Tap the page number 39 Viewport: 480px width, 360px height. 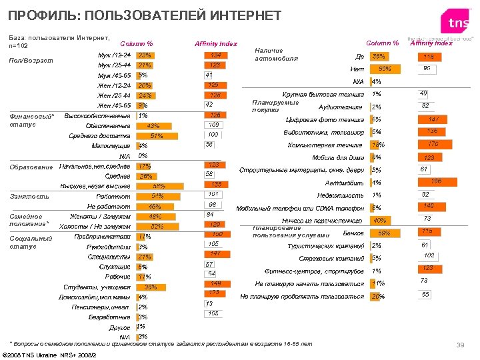point(459,344)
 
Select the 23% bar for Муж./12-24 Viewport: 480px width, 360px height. point(145,55)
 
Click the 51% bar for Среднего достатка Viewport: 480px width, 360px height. point(156,136)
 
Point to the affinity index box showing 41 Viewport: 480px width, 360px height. point(209,75)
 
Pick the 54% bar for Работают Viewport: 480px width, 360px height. point(157,197)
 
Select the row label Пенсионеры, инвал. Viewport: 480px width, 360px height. point(101,307)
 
